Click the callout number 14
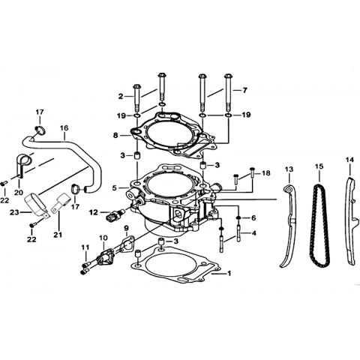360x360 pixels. tap(349, 159)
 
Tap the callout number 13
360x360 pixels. tap(289, 169)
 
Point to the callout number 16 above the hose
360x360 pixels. tap(64, 128)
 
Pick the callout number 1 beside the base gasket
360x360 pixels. tap(229, 273)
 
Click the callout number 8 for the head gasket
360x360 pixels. tap(115, 136)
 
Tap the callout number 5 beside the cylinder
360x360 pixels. tap(114, 188)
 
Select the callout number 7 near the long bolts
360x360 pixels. tap(244, 90)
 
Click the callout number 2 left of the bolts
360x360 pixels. tap(121, 96)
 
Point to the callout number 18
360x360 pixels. tap(266, 173)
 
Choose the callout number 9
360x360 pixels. tap(126, 228)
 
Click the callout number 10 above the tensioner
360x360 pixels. tap(103, 237)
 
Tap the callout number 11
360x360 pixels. tap(85, 247)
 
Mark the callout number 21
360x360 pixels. tap(58, 235)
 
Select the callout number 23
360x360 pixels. tap(15, 213)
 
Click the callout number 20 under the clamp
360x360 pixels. tap(19, 193)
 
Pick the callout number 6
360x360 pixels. tap(253, 218)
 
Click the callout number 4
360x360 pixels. tap(254, 233)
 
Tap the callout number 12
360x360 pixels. tap(94, 212)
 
